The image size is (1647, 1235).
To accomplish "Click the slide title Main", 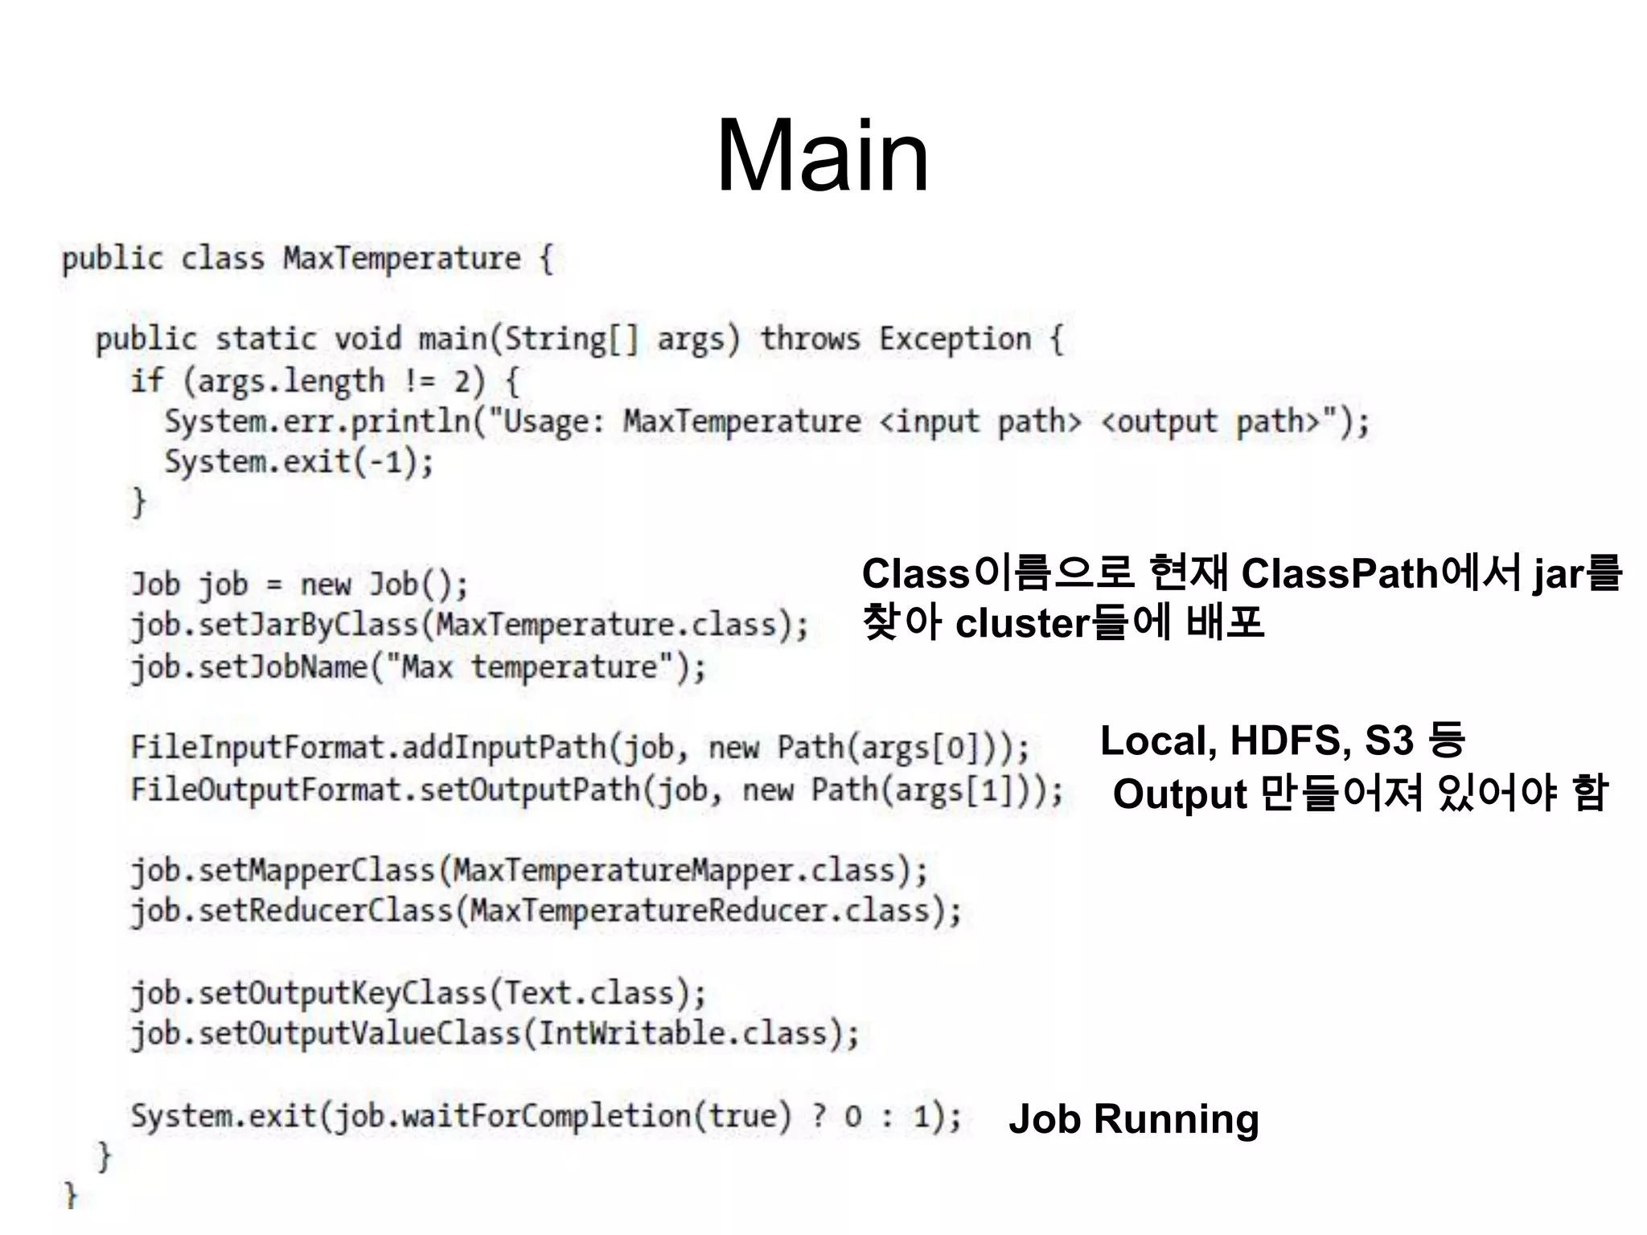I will pyautogui.click(x=822, y=156).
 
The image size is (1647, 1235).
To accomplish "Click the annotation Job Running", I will pyautogui.click(x=1133, y=1119).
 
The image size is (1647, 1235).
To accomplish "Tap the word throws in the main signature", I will pyautogui.click(x=810, y=339).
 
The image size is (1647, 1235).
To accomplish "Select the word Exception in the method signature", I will pyautogui.click(x=955, y=339).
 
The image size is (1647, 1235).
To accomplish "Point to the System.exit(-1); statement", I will pyautogui.click(x=298, y=462).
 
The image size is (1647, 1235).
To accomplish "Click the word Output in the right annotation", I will pyautogui.click(x=1180, y=794).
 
